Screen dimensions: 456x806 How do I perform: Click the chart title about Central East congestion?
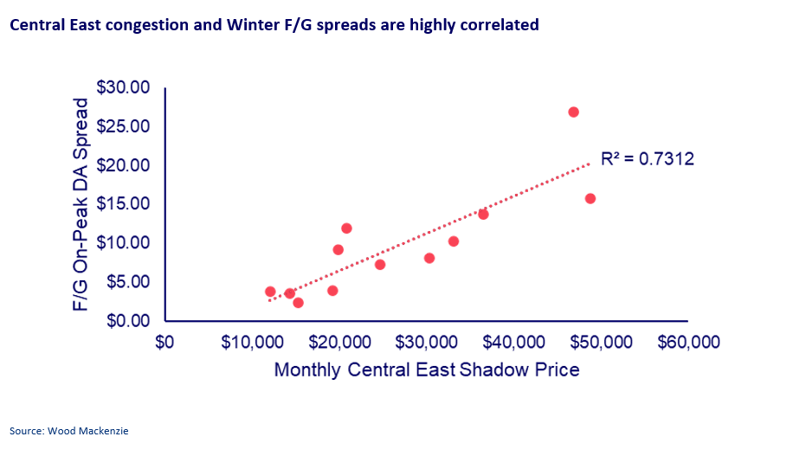tap(274, 25)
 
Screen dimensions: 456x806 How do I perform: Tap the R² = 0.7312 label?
tap(647, 159)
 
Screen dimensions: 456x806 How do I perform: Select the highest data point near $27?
tap(573, 112)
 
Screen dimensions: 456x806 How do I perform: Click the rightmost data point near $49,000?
tap(590, 198)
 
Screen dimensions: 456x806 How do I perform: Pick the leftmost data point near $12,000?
tap(270, 292)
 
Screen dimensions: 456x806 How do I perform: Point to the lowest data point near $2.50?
tap(298, 303)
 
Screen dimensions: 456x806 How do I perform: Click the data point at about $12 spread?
tap(346, 228)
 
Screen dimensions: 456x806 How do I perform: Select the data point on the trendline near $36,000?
tap(483, 214)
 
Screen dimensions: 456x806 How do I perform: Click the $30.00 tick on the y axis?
tap(123, 87)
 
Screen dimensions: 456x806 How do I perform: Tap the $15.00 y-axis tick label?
tap(123, 204)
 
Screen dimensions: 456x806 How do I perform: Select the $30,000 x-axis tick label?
tap(426, 343)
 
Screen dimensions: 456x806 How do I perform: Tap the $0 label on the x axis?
tap(164, 343)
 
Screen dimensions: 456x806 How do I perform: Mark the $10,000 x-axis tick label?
tap(251, 343)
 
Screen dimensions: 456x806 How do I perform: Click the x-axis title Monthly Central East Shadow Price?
tap(426, 370)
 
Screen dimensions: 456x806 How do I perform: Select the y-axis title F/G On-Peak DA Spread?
tap(81, 205)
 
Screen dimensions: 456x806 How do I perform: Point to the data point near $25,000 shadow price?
tap(380, 265)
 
